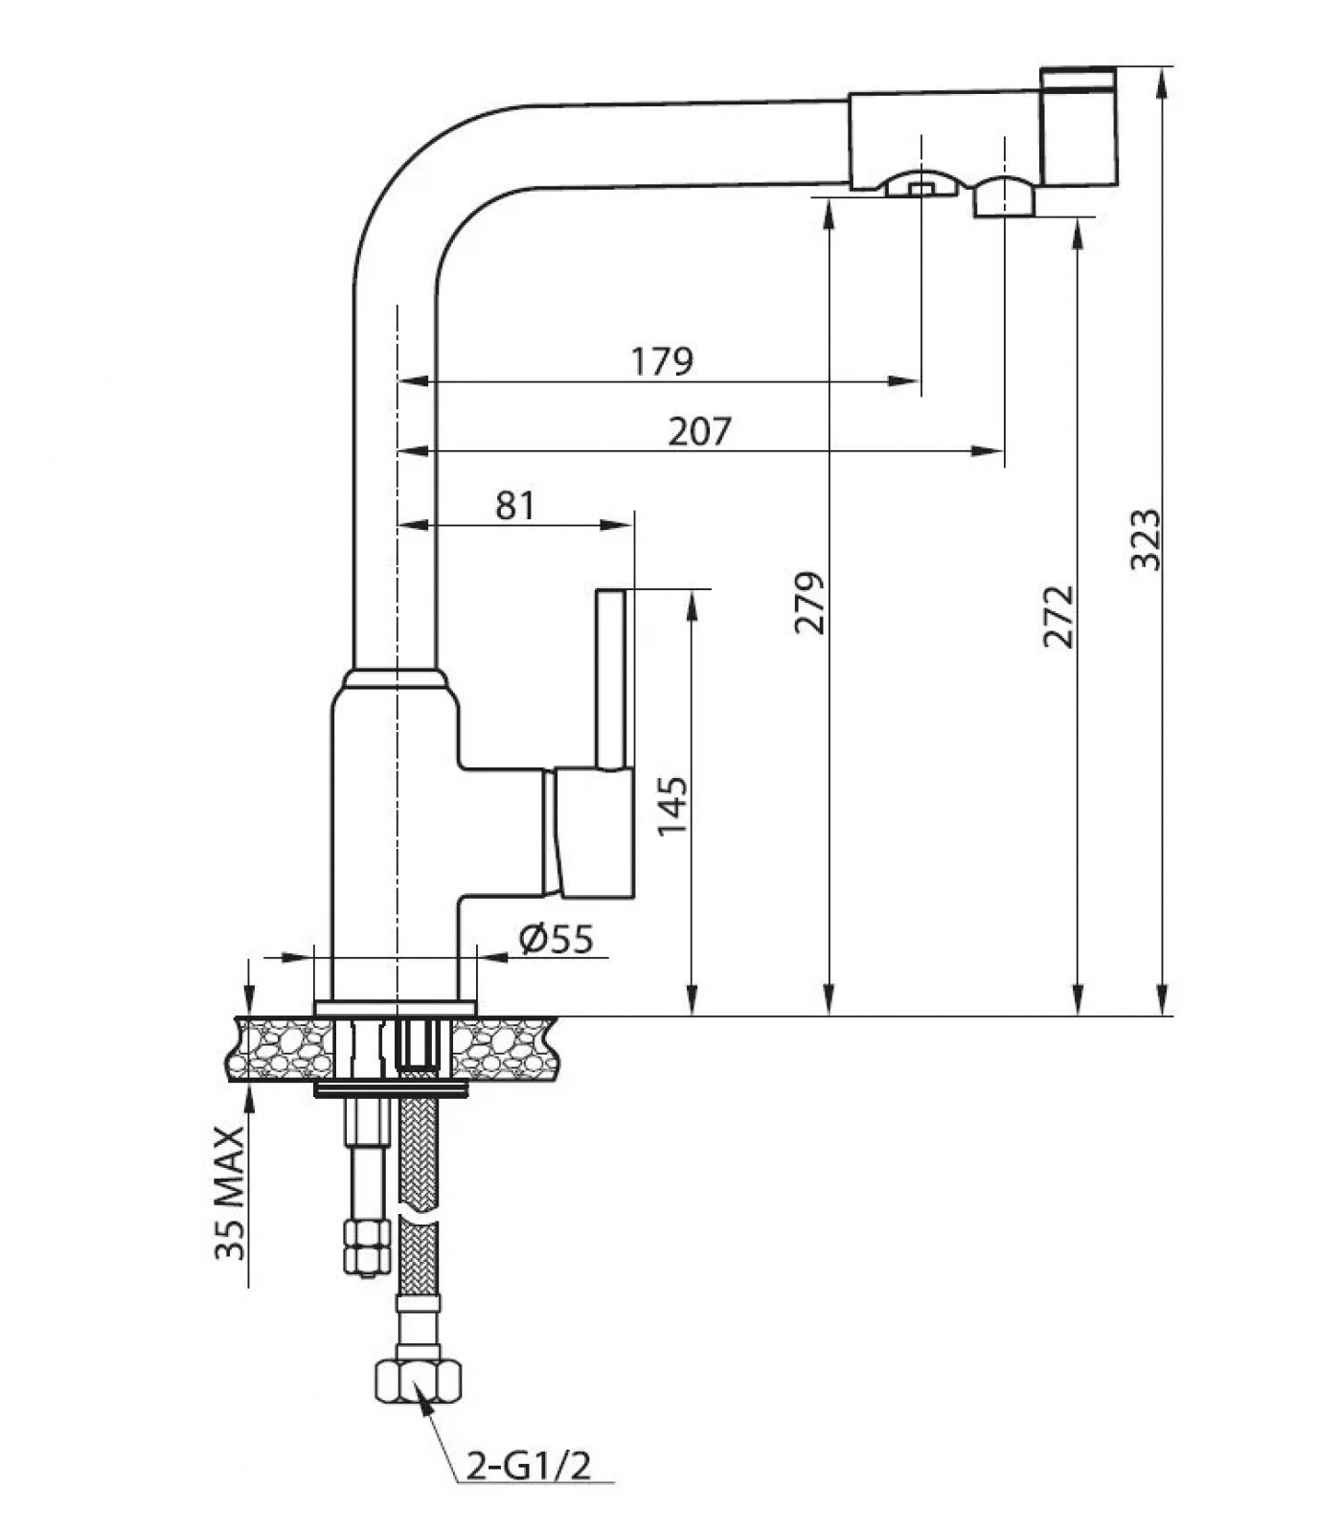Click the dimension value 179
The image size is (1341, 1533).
pos(662,361)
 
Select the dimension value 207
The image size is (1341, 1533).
pos(699,431)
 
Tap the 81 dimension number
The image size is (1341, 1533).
pos(515,505)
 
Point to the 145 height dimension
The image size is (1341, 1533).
pos(672,805)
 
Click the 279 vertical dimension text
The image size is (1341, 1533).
pos(809,603)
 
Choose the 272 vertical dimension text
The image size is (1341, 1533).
pos(1058,616)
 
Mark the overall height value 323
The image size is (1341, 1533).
pos(1145,540)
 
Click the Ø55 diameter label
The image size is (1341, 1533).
pos(557,939)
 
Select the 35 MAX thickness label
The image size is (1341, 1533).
pos(230,1194)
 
